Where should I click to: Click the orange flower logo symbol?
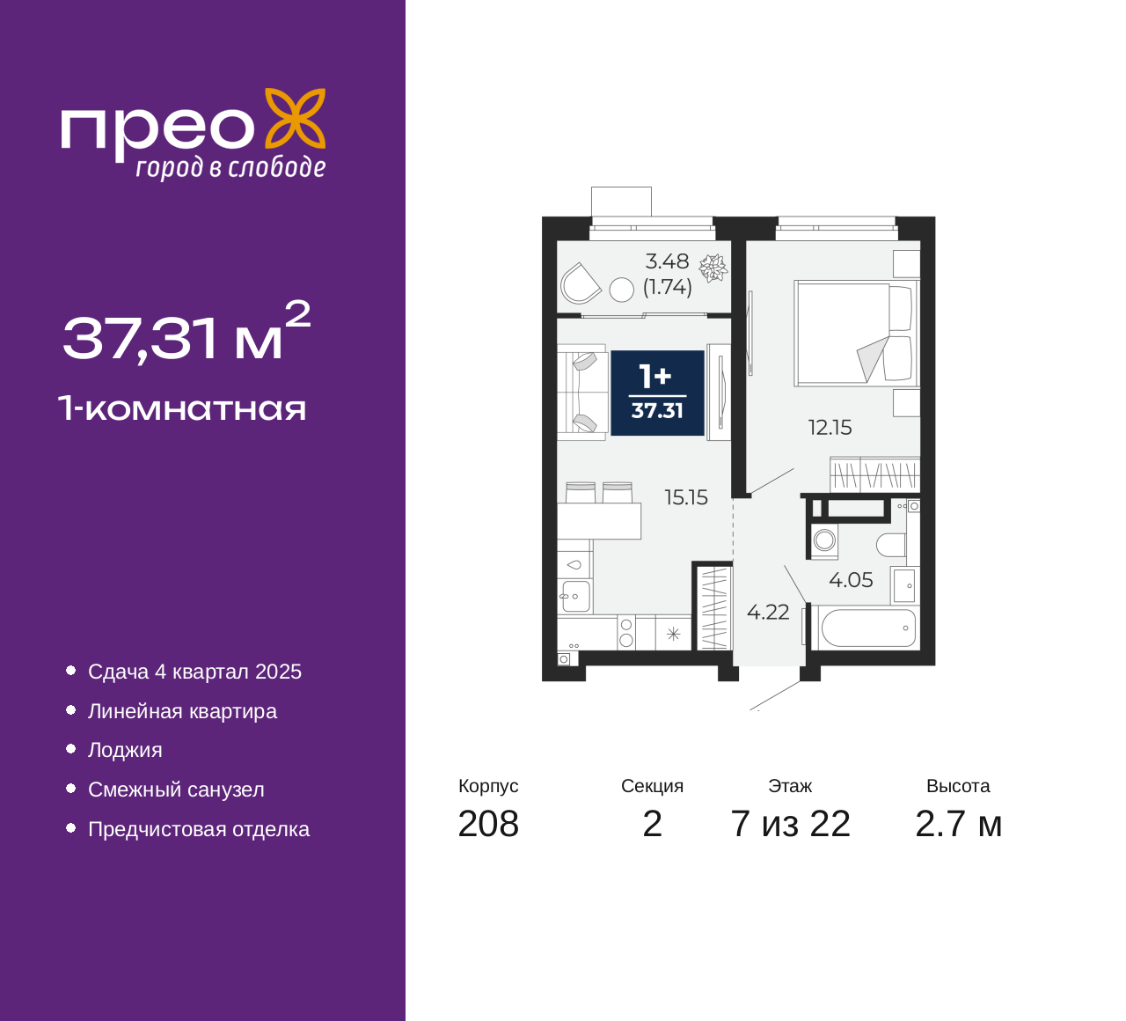(x=295, y=123)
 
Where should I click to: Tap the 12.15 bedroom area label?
(x=830, y=428)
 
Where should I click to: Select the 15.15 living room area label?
(x=686, y=497)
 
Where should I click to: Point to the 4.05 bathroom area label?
(x=851, y=580)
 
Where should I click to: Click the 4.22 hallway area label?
(x=768, y=612)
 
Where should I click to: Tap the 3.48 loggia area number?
(x=667, y=261)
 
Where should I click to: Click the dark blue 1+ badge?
(x=657, y=393)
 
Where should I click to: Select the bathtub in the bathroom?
(x=867, y=628)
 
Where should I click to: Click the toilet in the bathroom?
(x=891, y=545)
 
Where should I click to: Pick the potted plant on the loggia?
(x=713, y=268)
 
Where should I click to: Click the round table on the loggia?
(x=621, y=290)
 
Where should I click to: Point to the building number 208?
(x=488, y=824)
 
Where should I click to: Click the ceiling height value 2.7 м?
(x=958, y=824)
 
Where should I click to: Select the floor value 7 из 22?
(x=790, y=824)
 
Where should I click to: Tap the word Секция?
(x=652, y=786)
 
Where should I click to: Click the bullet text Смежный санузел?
(x=176, y=790)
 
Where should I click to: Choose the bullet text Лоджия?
(x=125, y=750)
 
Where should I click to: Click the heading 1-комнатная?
(x=182, y=408)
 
